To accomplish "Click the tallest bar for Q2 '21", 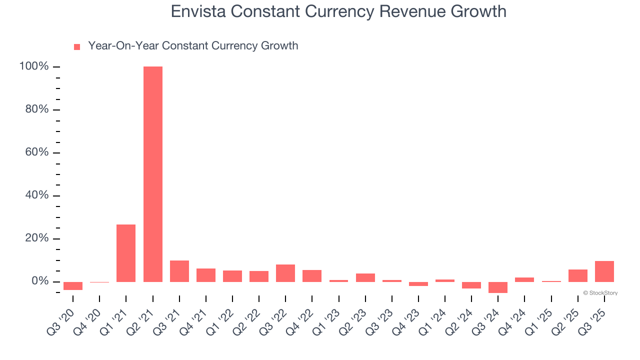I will [x=153, y=174].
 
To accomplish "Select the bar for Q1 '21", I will [x=126, y=253].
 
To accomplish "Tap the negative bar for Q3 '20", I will [x=73, y=286].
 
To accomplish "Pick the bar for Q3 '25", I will [x=604, y=271].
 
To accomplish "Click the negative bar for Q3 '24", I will [x=498, y=287].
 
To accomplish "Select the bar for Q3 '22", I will [x=285, y=273].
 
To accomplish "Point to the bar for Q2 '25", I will [x=578, y=275].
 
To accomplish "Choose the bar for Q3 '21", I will [x=179, y=271].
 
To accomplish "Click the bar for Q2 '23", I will [x=365, y=277].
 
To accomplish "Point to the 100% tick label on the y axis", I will [x=34, y=66].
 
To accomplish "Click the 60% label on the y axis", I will [x=37, y=152].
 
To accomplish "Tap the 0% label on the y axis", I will [x=40, y=281].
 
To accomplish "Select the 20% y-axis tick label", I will [x=37, y=238].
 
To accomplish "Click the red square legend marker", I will [x=77, y=47].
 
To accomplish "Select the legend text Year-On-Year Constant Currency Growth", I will [x=193, y=46].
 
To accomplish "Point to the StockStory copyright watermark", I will [x=600, y=293].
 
